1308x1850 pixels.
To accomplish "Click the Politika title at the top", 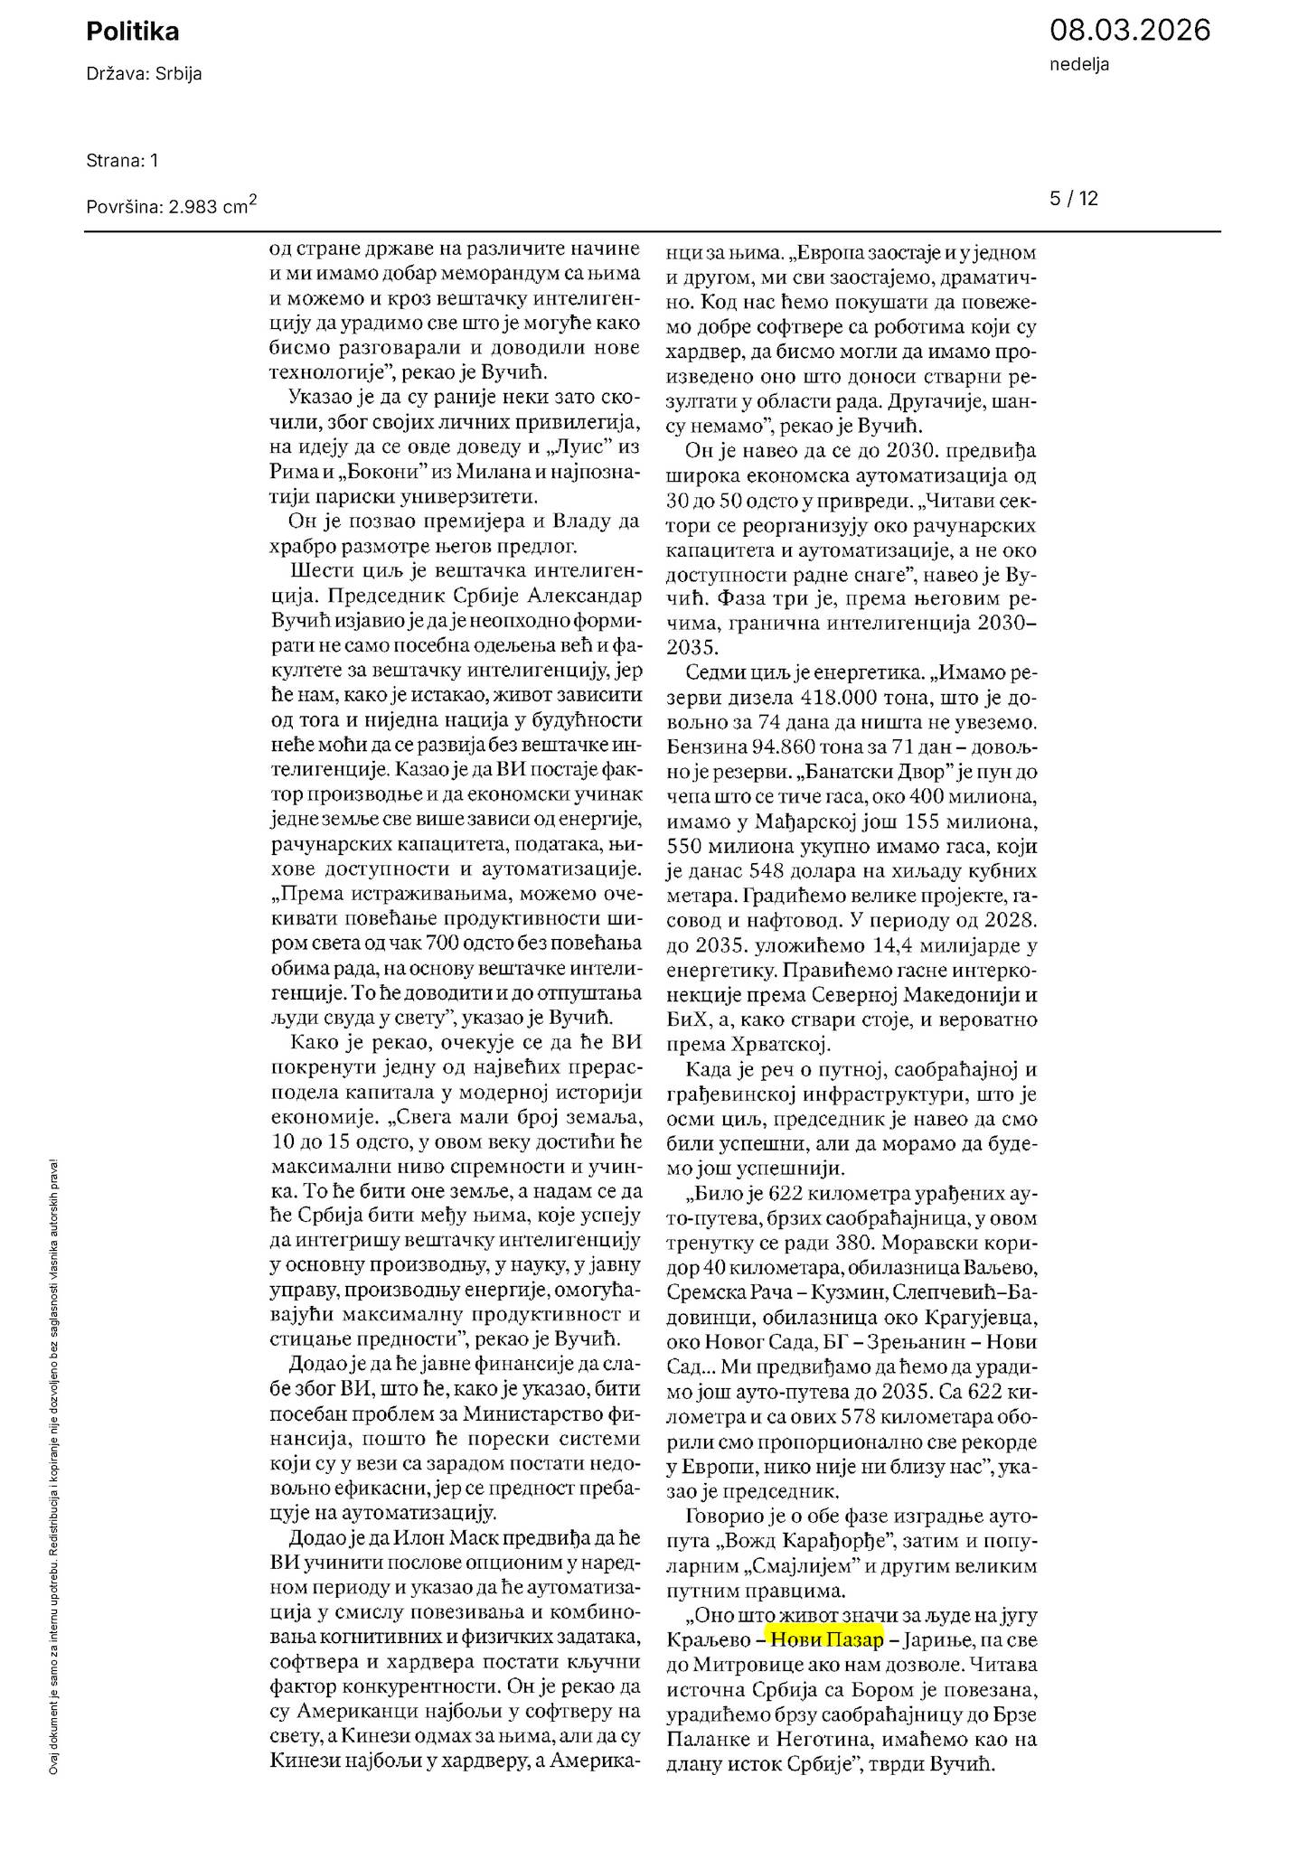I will (132, 32).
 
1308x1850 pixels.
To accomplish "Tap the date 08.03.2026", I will (1129, 30).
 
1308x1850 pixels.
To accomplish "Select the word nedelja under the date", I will (1079, 64).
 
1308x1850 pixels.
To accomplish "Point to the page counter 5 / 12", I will (1074, 199).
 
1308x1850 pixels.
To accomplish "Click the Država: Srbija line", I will (144, 74).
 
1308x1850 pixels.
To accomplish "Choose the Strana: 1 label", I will (122, 161).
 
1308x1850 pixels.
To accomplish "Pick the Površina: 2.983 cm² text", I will (171, 206).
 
